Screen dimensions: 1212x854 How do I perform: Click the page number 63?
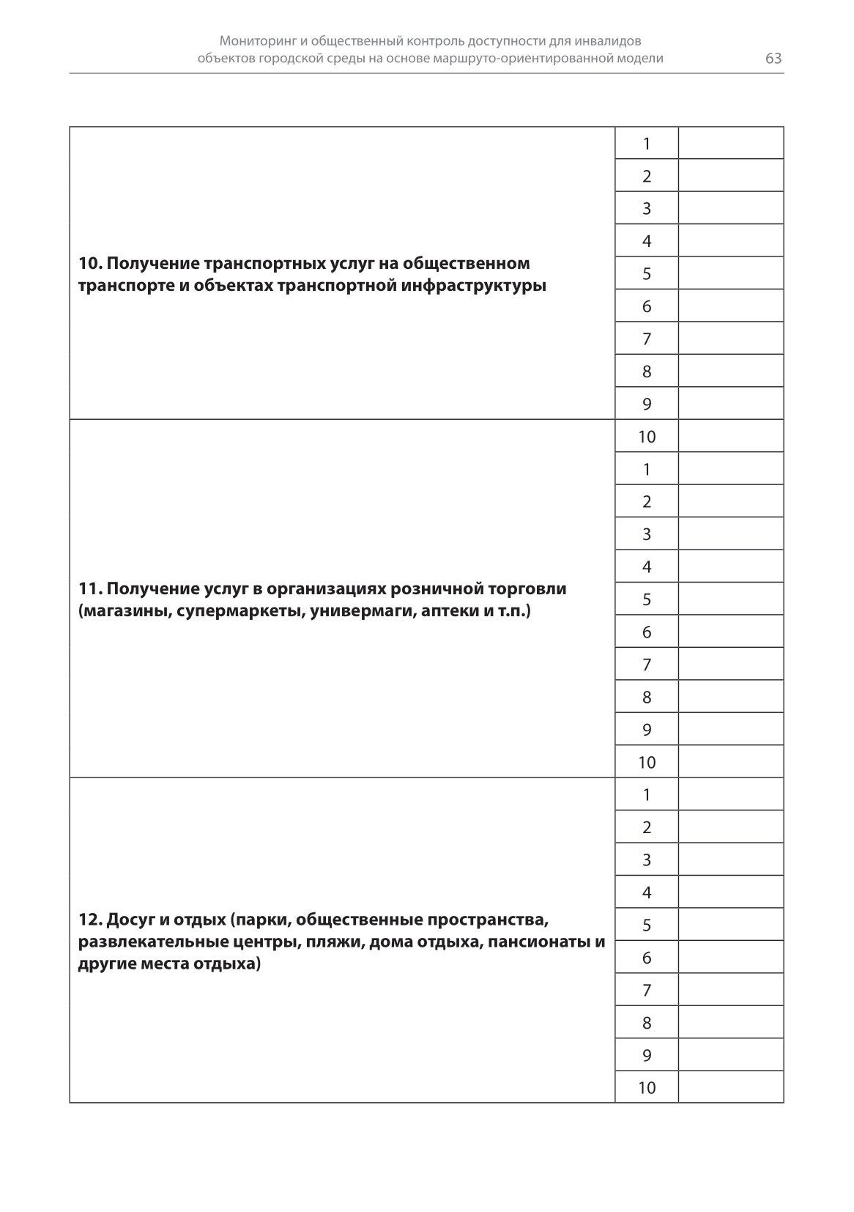click(x=773, y=59)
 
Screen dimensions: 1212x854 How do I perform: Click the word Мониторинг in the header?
click(x=257, y=42)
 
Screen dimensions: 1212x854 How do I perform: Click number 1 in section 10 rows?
click(x=647, y=144)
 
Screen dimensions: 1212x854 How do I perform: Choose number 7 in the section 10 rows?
click(x=647, y=339)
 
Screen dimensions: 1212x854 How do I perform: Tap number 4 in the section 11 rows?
click(x=647, y=567)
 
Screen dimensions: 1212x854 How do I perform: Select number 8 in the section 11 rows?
click(x=647, y=698)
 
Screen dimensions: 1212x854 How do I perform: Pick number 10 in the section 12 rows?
click(x=647, y=1088)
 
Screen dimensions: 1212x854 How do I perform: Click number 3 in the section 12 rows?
click(x=647, y=860)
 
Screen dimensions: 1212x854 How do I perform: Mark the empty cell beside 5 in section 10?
click(x=731, y=274)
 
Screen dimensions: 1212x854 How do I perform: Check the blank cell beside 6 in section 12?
click(x=731, y=958)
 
